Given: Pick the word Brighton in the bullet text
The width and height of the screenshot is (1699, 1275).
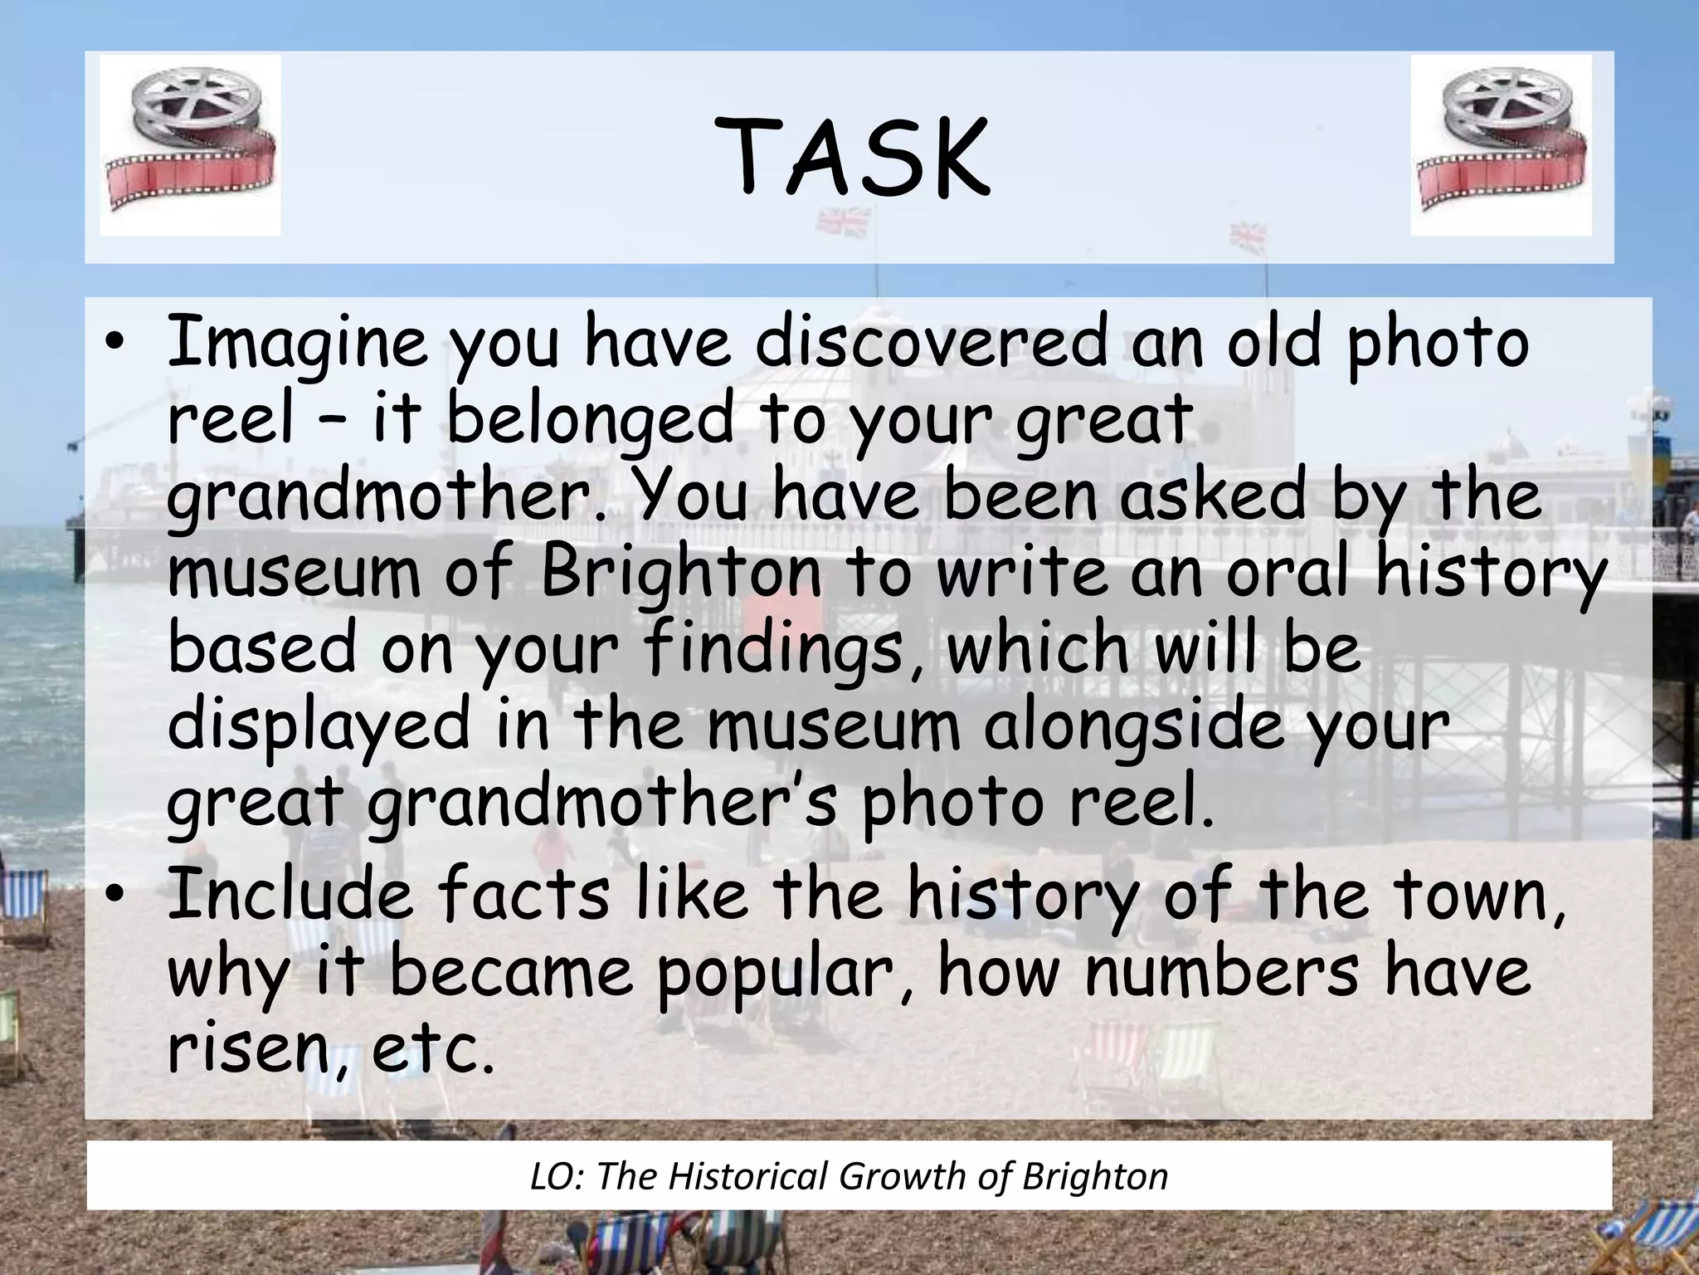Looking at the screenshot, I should point(681,571).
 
